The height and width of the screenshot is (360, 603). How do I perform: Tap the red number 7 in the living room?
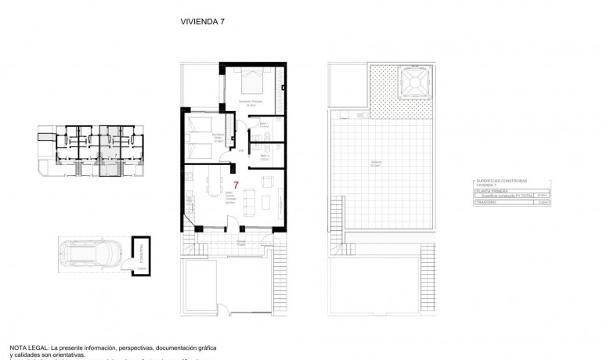point(236,184)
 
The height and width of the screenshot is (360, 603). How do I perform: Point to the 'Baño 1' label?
point(265,123)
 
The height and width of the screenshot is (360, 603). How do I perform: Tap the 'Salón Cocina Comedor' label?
point(230,199)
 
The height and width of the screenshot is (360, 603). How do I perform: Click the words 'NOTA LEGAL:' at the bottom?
point(29,346)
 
